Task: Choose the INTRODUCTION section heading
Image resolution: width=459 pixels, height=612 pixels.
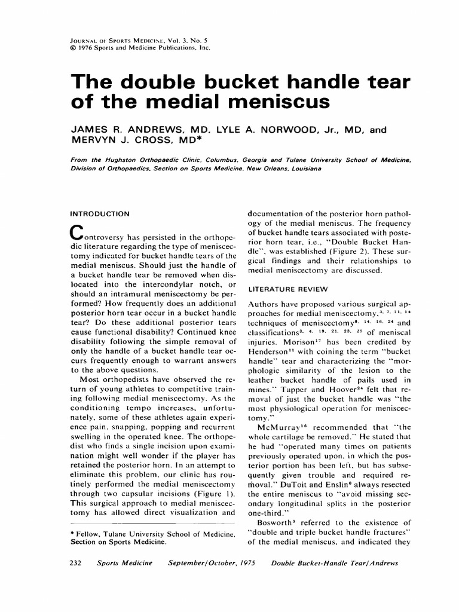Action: click(100, 213)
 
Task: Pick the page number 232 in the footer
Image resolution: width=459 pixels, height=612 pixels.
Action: click(78, 564)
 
